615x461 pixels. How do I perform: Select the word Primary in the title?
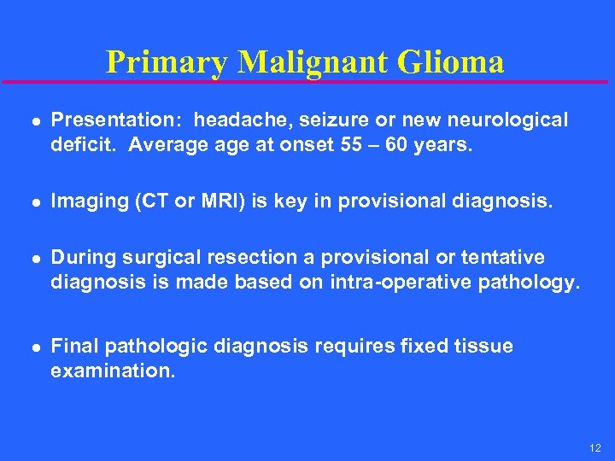click(167, 61)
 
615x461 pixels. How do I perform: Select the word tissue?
click(482, 347)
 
